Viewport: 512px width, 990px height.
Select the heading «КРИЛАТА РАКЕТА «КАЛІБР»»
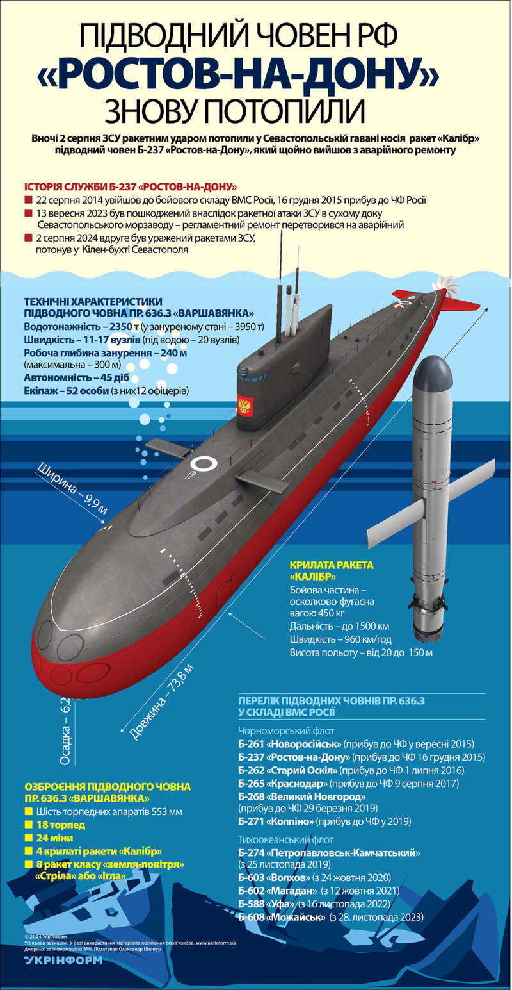(331, 570)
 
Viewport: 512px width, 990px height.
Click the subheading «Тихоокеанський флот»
(286, 839)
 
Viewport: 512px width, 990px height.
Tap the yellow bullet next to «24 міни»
(28, 837)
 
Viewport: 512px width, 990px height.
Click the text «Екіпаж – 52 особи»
(66, 390)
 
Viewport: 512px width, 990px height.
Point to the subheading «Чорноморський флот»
(286, 730)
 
